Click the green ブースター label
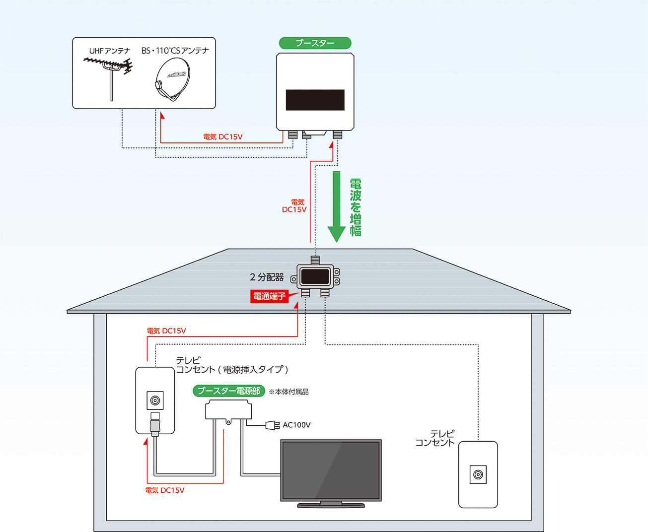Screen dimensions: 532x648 [x=315, y=43]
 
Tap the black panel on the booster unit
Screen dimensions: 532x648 [x=315, y=100]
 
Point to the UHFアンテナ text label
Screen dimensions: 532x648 [x=109, y=51]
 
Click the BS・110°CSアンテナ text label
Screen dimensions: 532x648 [x=175, y=51]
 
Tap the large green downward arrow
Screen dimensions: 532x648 [x=336, y=206]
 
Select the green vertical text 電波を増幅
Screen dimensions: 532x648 [x=356, y=207]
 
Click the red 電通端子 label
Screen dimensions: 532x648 [x=269, y=296]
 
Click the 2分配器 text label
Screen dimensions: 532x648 [x=267, y=277]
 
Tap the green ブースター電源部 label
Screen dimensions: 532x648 [x=229, y=391]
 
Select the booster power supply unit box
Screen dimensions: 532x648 [x=228, y=410]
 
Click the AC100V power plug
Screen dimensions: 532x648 [x=272, y=425]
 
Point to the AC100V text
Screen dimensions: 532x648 [x=296, y=425]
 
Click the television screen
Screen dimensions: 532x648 [x=331, y=470]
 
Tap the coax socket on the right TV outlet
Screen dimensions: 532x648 [x=478, y=474]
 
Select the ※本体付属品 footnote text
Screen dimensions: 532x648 [x=288, y=392]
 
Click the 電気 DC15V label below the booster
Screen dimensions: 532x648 [x=222, y=137]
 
